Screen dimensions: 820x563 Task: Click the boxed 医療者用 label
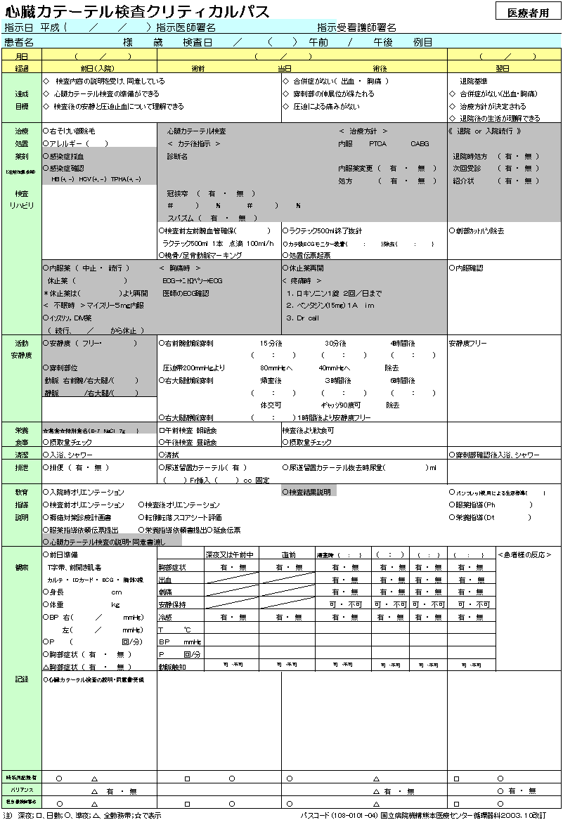click(x=529, y=12)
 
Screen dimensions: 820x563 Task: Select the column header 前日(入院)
click(x=98, y=68)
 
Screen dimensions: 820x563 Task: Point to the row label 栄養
click(x=22, y=429)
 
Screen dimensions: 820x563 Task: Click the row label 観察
click(x=22, y=566)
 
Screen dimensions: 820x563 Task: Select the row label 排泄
click(x=22, y=467)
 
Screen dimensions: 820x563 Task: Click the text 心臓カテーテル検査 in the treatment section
click(x=196, y=131)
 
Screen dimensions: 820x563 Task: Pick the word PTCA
click(x=378, y=143)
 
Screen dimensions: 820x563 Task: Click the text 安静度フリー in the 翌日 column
click(x=468, y=344)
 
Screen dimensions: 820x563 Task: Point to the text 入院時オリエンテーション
click(x=86, y=492)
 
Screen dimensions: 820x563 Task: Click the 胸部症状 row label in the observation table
click(x=172, y=567)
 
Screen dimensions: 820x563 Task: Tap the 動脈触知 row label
click(x=172, y=665)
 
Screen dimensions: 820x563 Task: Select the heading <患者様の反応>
click(x=524, y=555)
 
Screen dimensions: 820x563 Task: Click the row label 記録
click(x=22, y=679)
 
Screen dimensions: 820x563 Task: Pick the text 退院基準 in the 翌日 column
click(x=474, y=82)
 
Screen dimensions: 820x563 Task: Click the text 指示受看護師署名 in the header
click(x=356, y=27)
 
